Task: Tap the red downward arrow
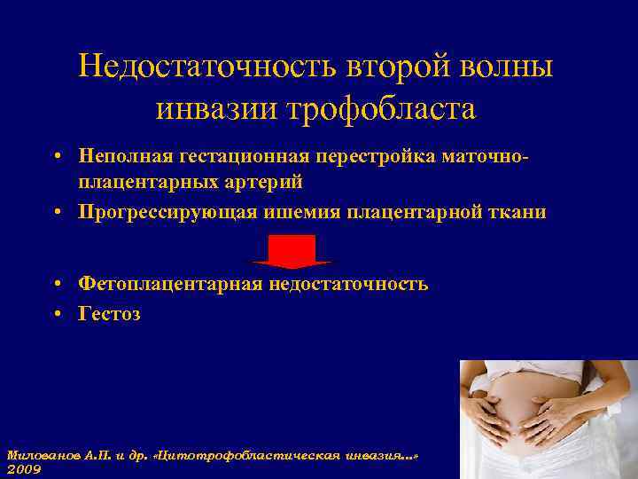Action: pyautogui.click(x=292, y=252)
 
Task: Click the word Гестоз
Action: pyautogui.click(x=109, y=313)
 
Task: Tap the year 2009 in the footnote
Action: pyautogui.click(x=24, y=468)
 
